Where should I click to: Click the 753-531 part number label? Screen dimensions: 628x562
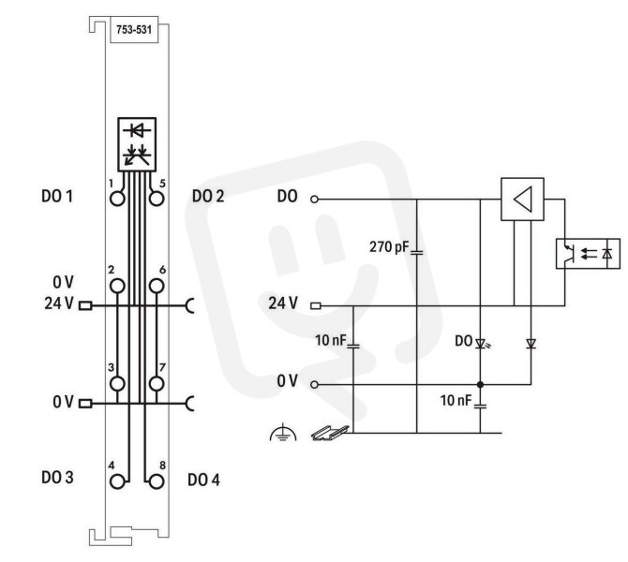[x=134, y=30]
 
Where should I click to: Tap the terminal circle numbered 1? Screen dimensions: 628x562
[x=117, y=199]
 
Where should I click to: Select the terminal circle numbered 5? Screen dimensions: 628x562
[x=157, y=199]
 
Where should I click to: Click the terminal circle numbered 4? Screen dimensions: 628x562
[x=117, y=481]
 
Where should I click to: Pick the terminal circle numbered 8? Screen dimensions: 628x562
[x=157, y=481]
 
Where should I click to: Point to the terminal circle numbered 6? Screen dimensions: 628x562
[x=157, y=287]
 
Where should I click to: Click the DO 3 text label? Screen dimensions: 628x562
[x=57, y=477]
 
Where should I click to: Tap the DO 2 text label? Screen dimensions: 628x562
[x=208, y=196]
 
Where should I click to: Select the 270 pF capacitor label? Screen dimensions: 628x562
[x=389, y=247]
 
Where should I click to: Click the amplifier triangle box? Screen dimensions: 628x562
[x=522, y=199]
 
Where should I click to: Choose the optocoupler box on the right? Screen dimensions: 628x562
[x=588, y=254]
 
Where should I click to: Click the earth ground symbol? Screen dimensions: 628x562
[x=283, y=433]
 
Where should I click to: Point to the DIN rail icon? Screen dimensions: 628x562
[x=330, y=433]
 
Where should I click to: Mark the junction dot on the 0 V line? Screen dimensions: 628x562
[x=480, y=385]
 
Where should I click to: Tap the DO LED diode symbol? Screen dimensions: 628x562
[x=481, y=343]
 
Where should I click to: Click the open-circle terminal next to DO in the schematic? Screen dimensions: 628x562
[x=314, y=199]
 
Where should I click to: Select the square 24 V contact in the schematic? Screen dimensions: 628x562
[x=316, y=305]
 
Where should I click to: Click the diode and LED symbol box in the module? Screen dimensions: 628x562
[x=137, y=144]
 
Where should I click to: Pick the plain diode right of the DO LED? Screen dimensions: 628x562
[x=531, y=343]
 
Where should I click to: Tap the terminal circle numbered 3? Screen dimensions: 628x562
[x=117, y=383]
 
